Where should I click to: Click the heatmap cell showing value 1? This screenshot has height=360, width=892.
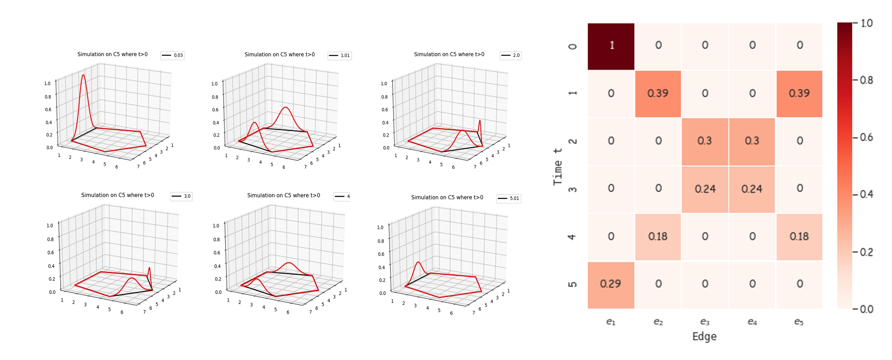click(611, 46)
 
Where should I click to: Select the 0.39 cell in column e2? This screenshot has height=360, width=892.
click(658, 93)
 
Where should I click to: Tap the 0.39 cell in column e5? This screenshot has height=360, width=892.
click(799, 93)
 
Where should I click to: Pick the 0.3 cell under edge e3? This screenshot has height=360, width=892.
click(705, 141)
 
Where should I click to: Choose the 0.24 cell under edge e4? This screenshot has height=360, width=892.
click(752, 189)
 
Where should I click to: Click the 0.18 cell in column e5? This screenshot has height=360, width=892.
click(799, 236)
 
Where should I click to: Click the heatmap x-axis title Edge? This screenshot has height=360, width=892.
click(704, 336)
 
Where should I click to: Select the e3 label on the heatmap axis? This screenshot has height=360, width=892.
click(705, 322)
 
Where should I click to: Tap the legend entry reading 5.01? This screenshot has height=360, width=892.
click(509, 198)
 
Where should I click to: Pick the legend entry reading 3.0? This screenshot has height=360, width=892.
click(181, 196)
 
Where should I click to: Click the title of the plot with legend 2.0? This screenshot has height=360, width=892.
click(449, 54)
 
